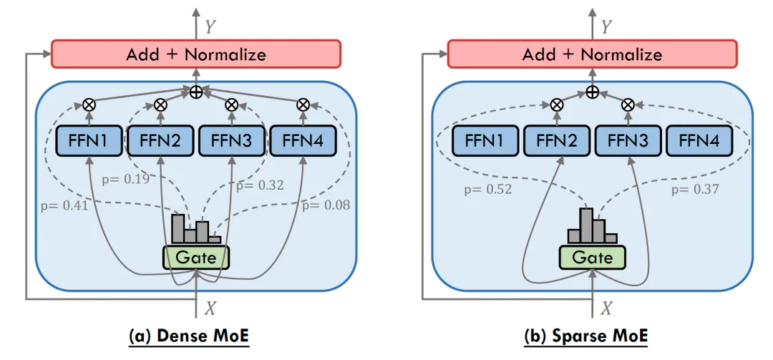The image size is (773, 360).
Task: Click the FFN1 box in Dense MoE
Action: (x=89, y=142)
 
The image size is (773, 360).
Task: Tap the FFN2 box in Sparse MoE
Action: (x=557, y=142)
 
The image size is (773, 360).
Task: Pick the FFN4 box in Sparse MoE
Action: (x=699, y=142)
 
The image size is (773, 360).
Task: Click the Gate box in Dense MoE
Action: (x=196, y=257)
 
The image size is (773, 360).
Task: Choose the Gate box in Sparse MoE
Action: (x=592, y=257)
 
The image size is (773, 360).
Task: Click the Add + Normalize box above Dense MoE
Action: (x=196, y=54)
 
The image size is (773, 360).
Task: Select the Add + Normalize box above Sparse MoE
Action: (x=592, y=54)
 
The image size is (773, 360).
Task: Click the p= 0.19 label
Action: (x=127, y=178)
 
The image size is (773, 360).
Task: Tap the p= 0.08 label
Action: (x=325, y=206)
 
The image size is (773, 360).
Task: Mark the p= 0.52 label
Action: (x=487, y=190)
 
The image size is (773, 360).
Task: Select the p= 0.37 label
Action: (x=695, y=190)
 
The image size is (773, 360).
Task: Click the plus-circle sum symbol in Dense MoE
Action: (x=196, y=92)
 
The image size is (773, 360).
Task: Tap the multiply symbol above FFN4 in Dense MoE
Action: (x=303, y=104)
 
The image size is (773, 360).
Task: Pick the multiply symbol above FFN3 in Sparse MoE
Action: (x=628, y=104)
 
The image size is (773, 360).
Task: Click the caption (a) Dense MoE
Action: (x=196, y=335)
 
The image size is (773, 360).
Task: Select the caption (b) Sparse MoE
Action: (x=592, y=335)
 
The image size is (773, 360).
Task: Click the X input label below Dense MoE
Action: (x=210, y=308)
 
